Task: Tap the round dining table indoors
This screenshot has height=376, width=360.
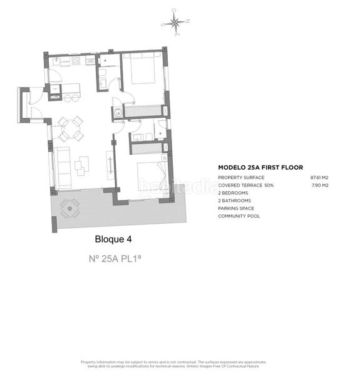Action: (70, 128)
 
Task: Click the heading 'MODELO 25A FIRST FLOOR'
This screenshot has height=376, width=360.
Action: (260, 168)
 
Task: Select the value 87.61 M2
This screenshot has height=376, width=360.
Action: (319, 178)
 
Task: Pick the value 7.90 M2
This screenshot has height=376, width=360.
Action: (321, 185)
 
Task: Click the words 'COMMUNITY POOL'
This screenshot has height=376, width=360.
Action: (239, 216)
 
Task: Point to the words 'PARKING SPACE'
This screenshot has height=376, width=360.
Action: (235, 208)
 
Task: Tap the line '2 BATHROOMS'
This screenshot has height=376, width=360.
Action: (234, 201)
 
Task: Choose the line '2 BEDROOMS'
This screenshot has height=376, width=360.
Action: (233, 193)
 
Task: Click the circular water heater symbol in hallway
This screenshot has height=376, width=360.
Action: (117, 113)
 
